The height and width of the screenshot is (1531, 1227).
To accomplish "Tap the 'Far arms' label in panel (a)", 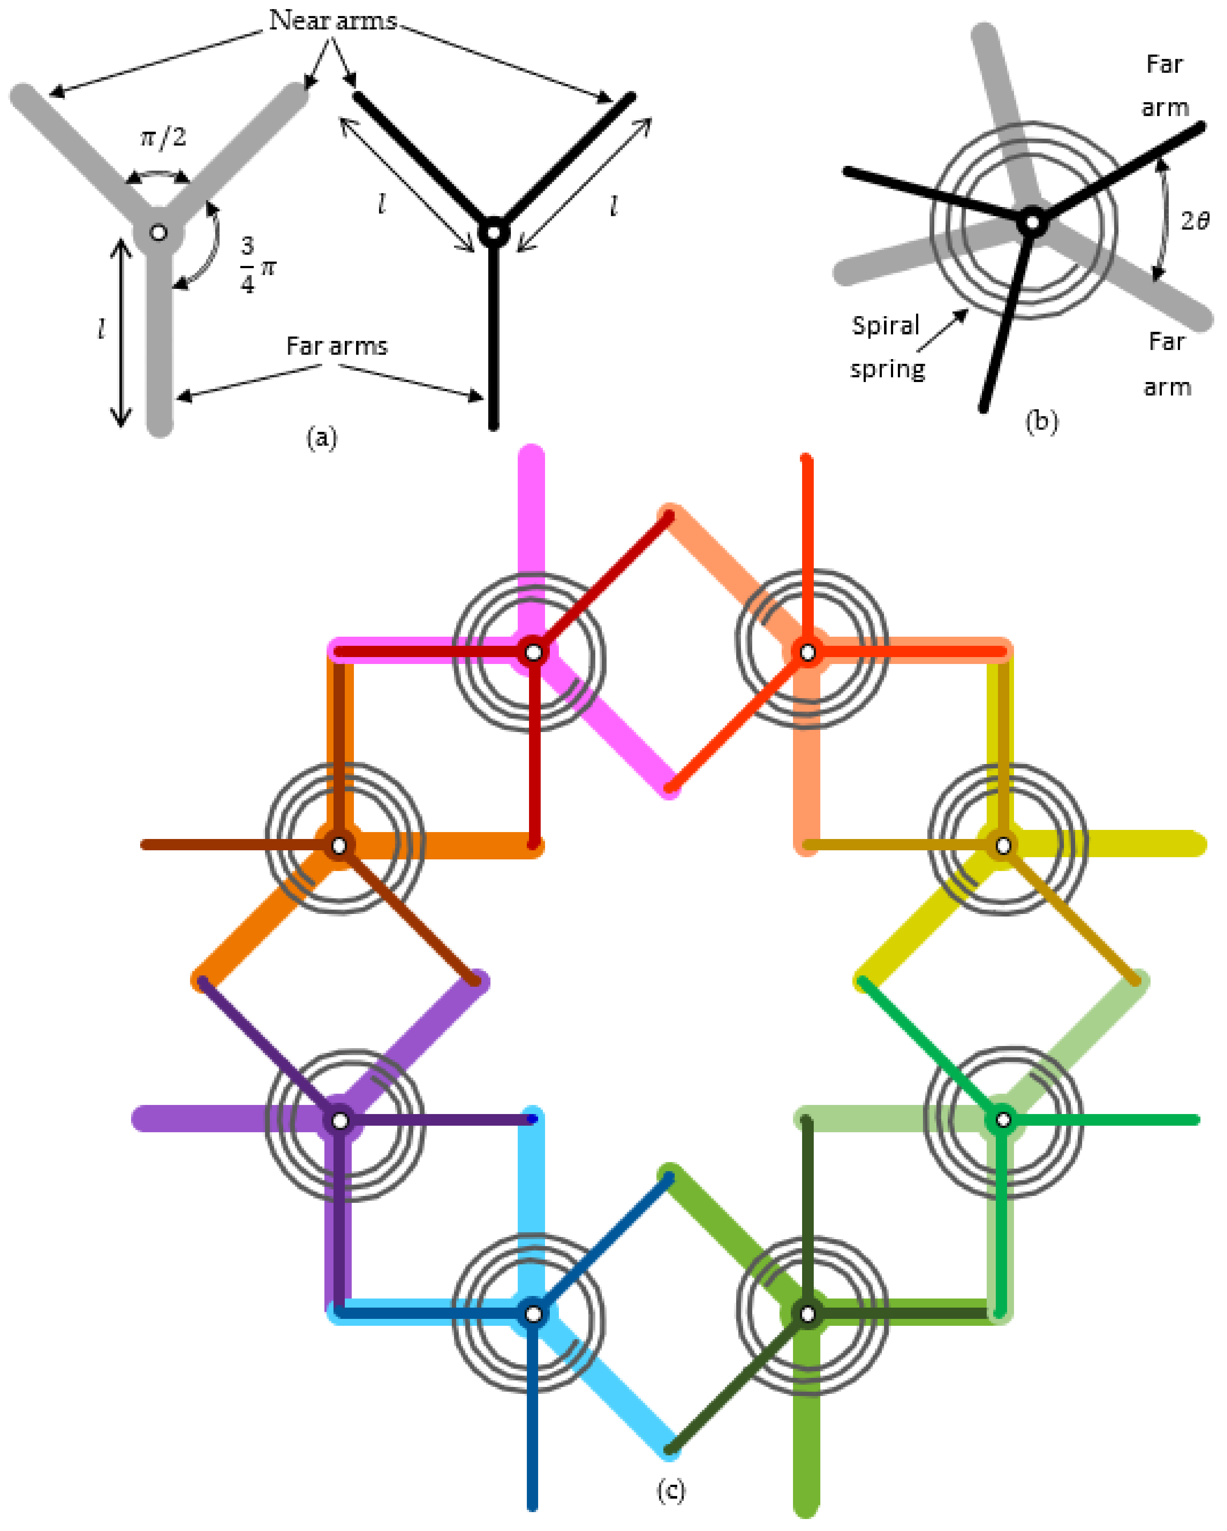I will (x=337, y=346).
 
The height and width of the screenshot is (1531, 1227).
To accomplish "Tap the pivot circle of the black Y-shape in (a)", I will (x=493, y=232).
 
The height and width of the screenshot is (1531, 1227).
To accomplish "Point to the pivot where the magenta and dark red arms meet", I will (x=533, y=652).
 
